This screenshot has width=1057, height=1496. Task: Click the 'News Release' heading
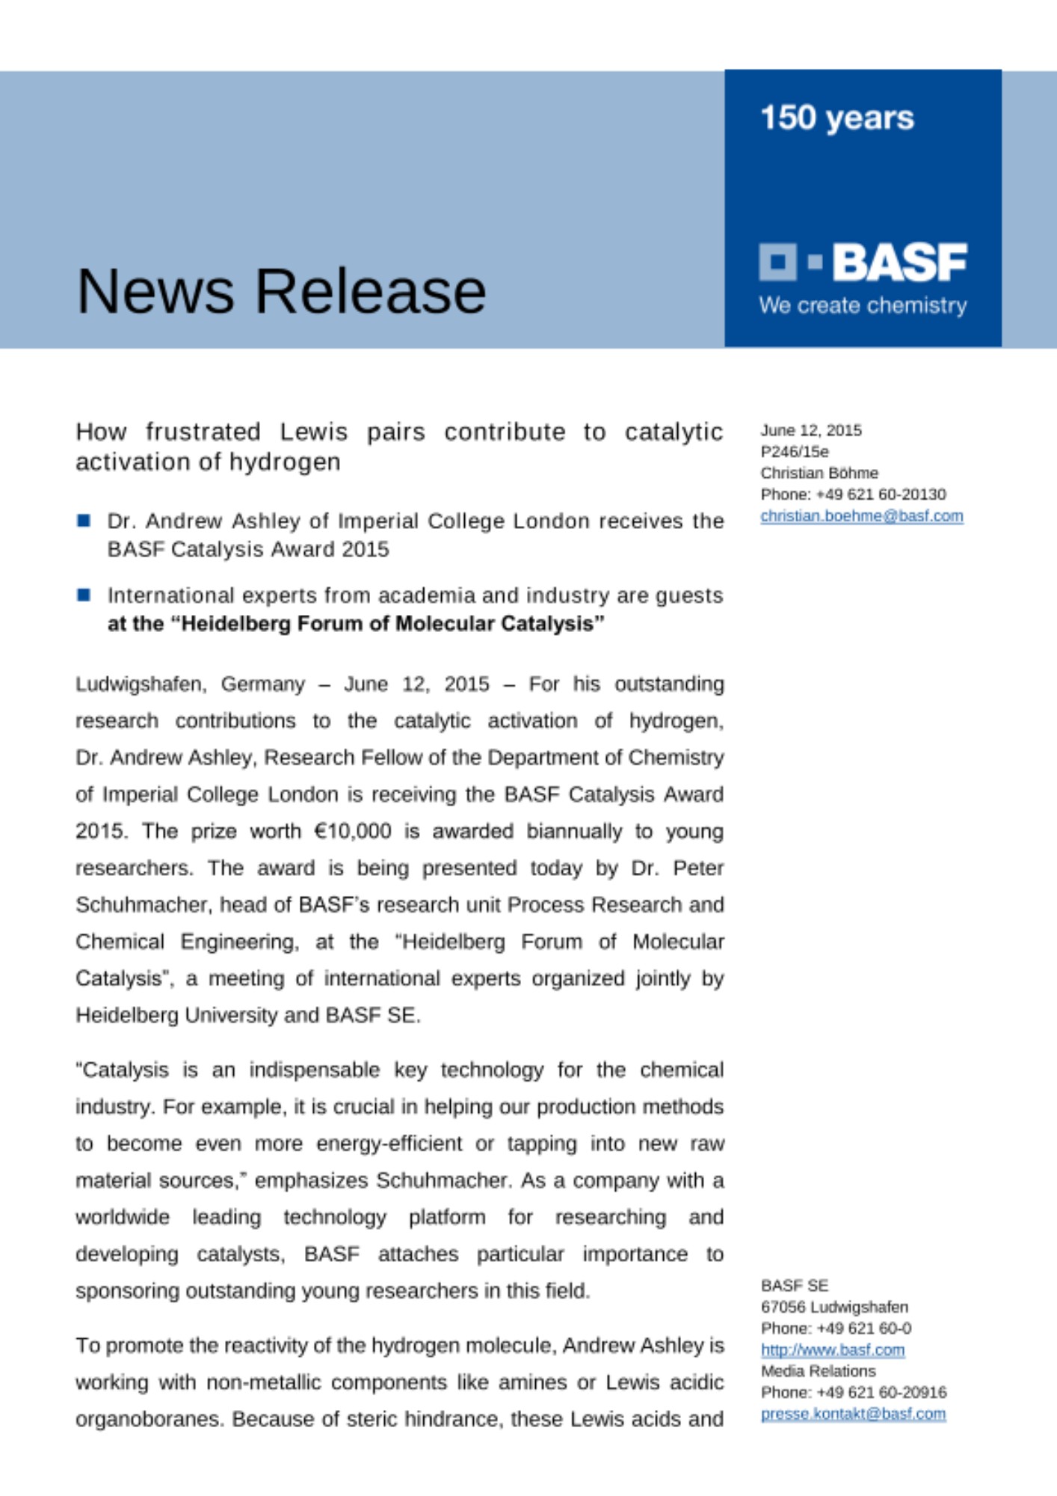pyautogui.click(x=281, y=291)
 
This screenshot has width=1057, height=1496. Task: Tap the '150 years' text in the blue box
pyautogui.click(x=836, y=118)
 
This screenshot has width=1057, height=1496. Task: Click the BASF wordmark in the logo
pyautogui.click(x=899, y=263)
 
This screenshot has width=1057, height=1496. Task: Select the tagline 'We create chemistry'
pyautogui.click(x=863, y=306)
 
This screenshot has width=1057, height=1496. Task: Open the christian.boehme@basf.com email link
pyautogui.click(x=861, y=516)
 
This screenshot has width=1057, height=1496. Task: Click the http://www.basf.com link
pyautogui.click(x=832, y=1350)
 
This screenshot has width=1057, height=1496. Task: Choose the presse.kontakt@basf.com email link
pyautogui.click(x=853, y=1414)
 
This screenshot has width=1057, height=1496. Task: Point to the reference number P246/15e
pyautogui.click(x=795, y=452)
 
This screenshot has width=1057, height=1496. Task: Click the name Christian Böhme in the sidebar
pyautogui.click(x=819, y=473)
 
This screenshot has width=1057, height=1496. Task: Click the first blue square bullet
pyautogui.click(x=84, y=521)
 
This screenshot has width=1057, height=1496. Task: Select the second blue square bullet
pyautogui.click(x=84, y=595)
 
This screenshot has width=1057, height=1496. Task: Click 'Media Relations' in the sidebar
pyautogui.click(x=818, y=1371)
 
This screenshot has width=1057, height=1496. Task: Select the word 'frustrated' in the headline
pyautogui.click(x=203, y=432)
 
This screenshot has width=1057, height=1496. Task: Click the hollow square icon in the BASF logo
pyautogui.click(x=777, y=262)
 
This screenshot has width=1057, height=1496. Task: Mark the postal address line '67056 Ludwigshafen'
pyautogui.click(x=834, y=1308)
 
